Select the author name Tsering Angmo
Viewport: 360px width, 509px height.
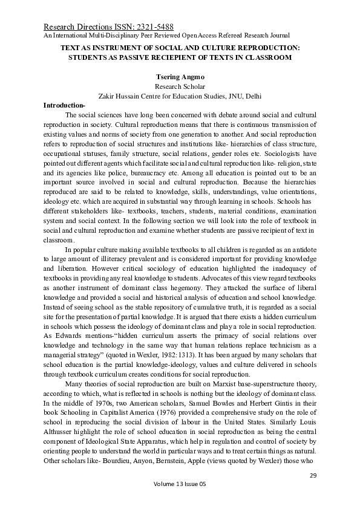180,76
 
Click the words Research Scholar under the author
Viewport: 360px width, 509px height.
180,86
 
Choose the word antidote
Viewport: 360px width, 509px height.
301,250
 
